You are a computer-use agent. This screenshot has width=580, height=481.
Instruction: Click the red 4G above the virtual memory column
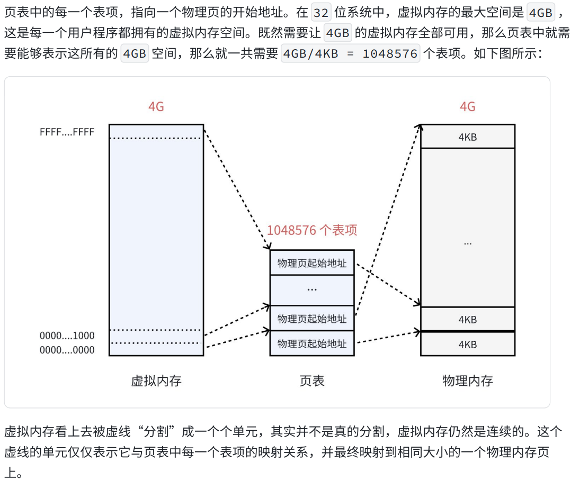[156, 107]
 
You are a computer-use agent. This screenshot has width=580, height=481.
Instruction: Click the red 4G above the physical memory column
[467, 107]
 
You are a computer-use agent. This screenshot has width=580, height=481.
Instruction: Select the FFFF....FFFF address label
[67, 132]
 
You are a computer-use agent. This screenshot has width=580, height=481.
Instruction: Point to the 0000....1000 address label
[67, 335]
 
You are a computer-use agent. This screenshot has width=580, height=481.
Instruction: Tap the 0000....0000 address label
[67, 350]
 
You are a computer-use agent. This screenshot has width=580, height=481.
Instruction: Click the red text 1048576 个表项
[312, 230]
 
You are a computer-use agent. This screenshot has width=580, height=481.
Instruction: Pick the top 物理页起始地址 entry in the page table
[312, 263]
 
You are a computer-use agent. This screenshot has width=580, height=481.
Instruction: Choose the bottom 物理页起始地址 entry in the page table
[312, 343]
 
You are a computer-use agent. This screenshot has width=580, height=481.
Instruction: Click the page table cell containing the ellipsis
[312, 290]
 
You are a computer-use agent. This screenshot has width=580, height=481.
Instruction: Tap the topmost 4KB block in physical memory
[467, 137]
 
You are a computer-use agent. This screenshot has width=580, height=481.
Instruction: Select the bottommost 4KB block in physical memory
[467, 344]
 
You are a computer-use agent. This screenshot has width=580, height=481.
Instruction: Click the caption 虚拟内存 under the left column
[156, 381]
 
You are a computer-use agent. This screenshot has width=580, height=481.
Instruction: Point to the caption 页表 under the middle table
[312, 381]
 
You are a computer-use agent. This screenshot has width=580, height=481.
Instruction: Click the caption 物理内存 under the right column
[467, 381]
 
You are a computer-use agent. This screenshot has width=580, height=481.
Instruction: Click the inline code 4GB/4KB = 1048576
[350, 53]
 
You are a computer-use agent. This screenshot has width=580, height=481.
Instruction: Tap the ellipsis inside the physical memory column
[467, 243]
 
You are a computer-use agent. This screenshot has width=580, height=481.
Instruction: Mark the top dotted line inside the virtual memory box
[156, 139]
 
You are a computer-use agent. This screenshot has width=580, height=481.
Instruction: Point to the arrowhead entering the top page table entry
[269, 247]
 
